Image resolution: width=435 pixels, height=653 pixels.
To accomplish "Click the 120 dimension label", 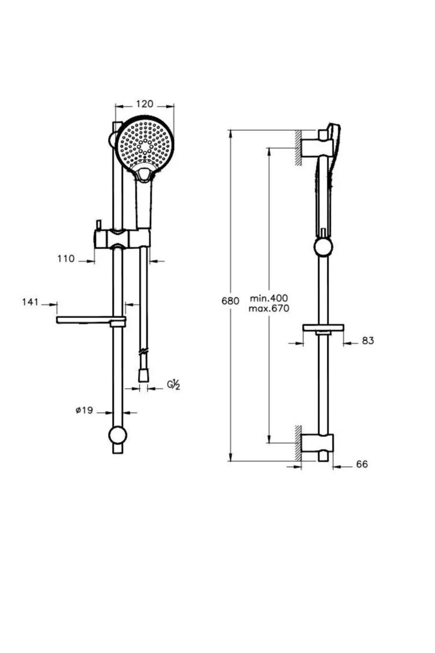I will (145, 104).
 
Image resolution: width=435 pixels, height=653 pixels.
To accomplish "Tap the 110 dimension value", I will (66, 259).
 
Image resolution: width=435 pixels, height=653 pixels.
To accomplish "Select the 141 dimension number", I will (30, 302).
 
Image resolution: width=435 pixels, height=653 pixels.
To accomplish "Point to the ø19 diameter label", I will (84, 411).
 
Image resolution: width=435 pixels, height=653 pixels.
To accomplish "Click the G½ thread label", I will (173, 384).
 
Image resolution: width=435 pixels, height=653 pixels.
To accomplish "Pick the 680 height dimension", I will (230, 301).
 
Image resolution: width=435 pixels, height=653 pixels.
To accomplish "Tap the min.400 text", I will (268, 299).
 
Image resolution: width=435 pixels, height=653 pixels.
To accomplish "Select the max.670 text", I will (268, 309).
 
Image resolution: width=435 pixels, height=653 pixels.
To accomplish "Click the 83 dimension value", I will (368, 341).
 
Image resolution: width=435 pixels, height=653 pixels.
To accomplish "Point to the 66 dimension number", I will (362, 464).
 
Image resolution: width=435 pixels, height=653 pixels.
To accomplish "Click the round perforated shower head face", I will (145, 143).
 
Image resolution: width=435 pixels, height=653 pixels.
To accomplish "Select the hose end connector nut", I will (143, 375).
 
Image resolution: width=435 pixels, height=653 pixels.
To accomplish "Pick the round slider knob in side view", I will (323, 247).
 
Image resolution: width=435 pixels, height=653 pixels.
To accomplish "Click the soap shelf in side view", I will (323, 328).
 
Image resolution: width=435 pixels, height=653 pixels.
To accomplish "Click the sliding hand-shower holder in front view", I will (122, 238).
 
